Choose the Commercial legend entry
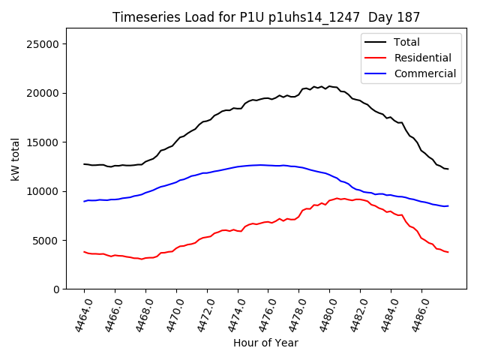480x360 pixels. tap(424, 73)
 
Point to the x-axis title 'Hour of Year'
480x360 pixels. tap(265, 343)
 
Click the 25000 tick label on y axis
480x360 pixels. tap(43, 44)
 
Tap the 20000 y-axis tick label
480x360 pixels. tap(43, 93)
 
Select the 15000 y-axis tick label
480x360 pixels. tap(43, 142)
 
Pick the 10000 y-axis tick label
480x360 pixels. tap(43, 191)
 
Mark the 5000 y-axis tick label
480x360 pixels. tap(46, 240)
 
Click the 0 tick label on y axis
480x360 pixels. tap(56, 289)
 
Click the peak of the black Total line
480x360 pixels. tap(328, 86)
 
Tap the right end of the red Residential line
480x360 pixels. tap(448, 252)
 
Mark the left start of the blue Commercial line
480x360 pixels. tap(84, 201)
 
